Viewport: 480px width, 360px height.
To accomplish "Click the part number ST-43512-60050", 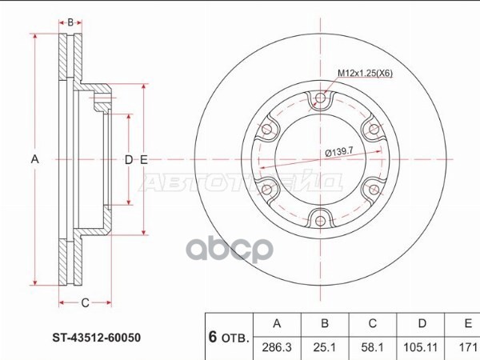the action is tap(97, 338).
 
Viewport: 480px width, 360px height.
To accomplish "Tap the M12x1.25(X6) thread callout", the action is tap(365, 73).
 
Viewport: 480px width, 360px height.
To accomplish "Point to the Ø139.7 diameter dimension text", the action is tap(339, 151).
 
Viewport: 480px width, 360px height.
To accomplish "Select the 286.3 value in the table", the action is tap(277, 347).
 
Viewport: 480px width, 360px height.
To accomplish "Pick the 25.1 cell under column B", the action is tap(325, 347).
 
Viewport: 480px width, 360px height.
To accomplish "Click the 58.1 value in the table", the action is tap(372, 347).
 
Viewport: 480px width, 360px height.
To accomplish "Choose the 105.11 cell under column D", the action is tap(420, 347).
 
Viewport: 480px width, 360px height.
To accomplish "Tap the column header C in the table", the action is tap(372, 323).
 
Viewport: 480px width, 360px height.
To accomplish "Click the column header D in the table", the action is tap(422, 323).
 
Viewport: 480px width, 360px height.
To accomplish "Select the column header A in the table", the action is tap(277, 323).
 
